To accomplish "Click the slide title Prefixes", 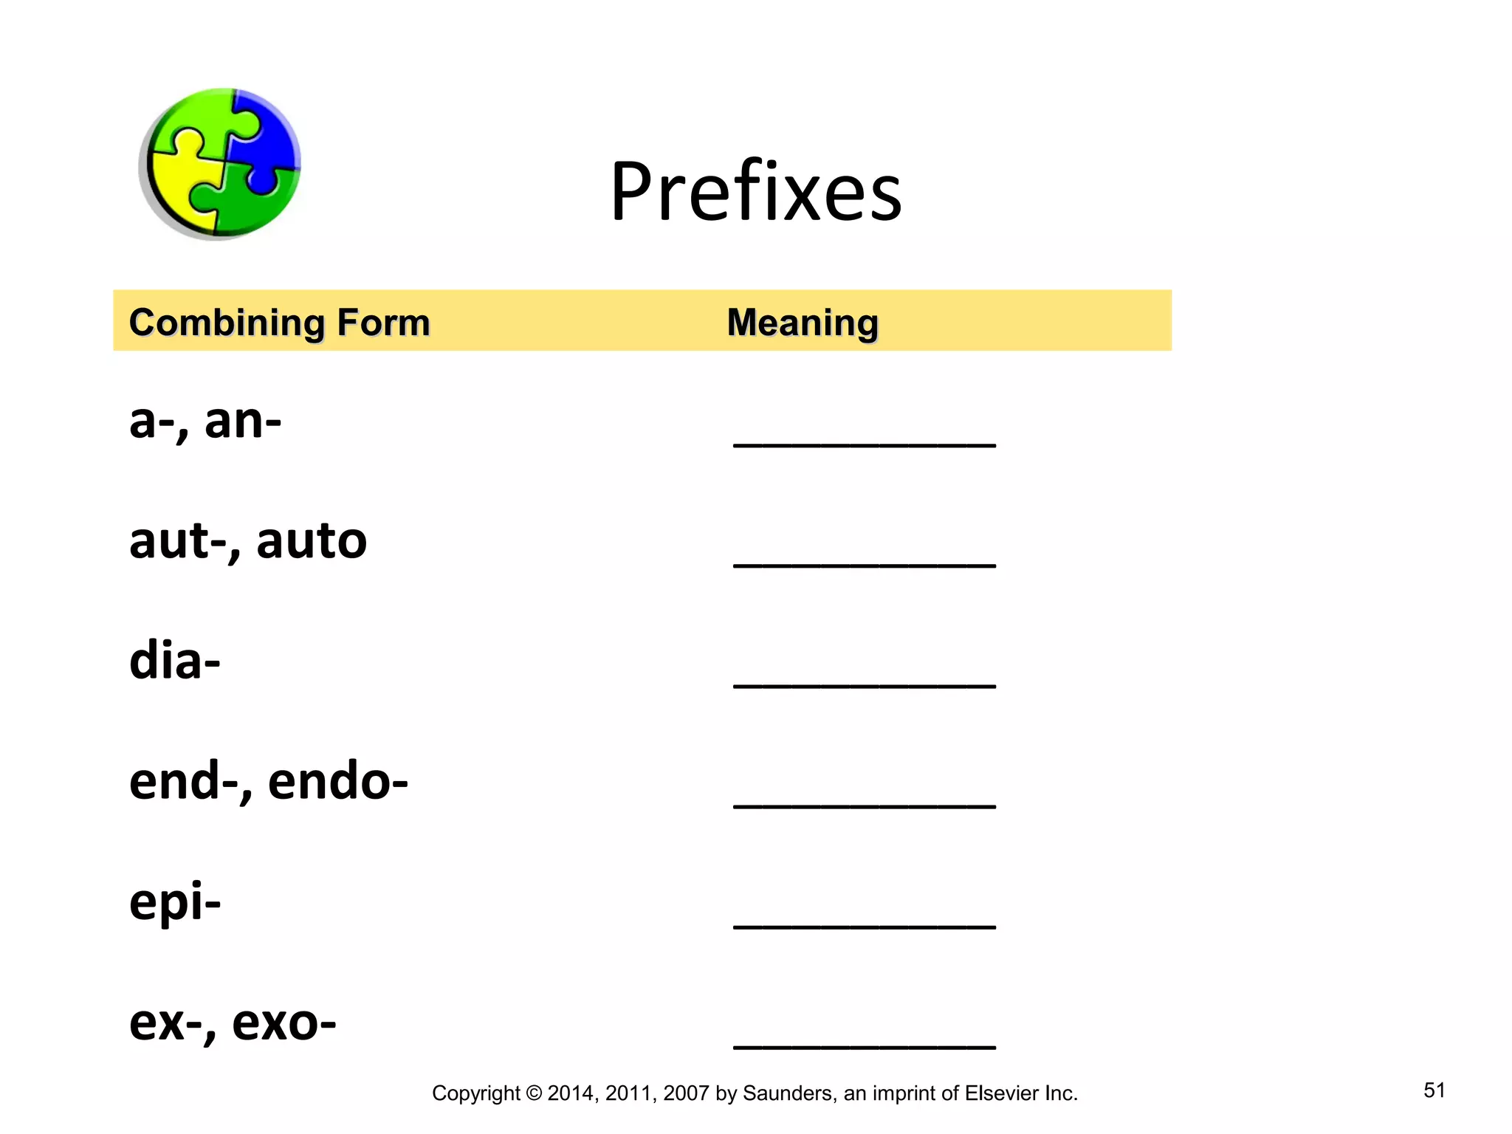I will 755,191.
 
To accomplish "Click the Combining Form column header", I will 279,323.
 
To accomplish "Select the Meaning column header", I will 803,323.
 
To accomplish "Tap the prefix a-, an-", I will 205,422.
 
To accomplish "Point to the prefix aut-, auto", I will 248,541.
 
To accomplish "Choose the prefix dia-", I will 175,661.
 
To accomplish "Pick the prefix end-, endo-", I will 268,781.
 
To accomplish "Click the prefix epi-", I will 175,902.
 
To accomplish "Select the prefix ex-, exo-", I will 233,1023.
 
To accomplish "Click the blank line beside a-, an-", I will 865,444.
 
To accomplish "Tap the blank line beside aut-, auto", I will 865,564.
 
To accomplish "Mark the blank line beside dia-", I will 865,684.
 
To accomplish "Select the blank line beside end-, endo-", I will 865,805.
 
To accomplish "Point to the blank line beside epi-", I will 865,926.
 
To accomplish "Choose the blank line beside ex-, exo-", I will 865,1045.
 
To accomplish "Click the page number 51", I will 1434,1090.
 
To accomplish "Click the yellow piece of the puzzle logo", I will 177,181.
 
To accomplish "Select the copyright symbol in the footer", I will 534,1093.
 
